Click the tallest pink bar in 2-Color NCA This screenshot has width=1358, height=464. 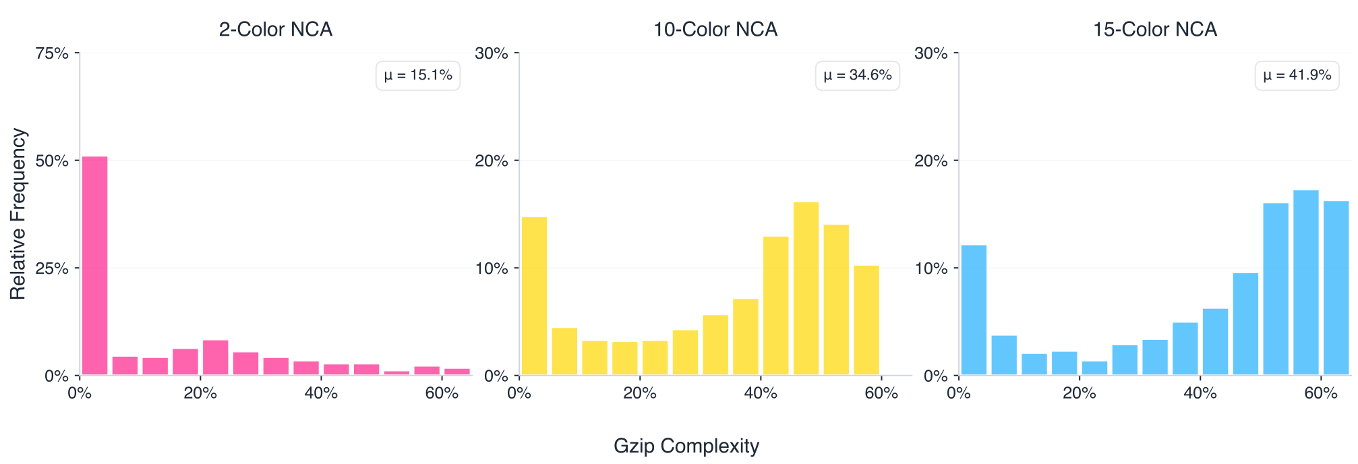tap(95, 266)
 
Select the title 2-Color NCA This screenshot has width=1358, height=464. tap(275, 30)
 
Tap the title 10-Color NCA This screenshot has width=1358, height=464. tap(715, 30)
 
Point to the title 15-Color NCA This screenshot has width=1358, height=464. tap(1154, 30)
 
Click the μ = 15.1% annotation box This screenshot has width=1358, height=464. tap(418, 76)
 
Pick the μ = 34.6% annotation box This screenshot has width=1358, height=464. tap(858, 76)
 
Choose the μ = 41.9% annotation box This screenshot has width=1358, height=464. tap(1297, 76)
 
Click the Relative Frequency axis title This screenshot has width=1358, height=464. tap(18, 214)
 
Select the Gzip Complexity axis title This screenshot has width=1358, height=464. tap(686, 446)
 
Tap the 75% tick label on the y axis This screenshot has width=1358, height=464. tap(51, 53)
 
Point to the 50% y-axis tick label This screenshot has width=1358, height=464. tap(51, 161)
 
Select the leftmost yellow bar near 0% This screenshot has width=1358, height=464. tap(534, 296)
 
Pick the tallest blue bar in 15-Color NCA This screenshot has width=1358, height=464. tap(1305, 283)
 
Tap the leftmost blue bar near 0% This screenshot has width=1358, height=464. tap(974, 310)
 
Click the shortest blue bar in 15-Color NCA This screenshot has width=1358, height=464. tap(1094, 368)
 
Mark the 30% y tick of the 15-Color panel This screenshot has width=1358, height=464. tap(931, 53)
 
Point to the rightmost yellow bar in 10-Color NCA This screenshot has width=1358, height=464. tap(866, 320)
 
